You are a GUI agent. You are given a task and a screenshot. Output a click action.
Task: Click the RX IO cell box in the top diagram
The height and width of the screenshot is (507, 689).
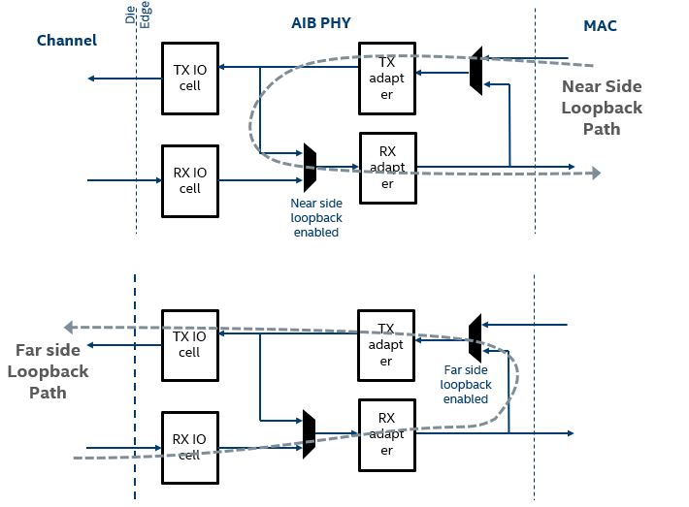coord(190,180)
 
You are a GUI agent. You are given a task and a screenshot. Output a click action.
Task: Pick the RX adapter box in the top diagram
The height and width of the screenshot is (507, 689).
coord(388,168)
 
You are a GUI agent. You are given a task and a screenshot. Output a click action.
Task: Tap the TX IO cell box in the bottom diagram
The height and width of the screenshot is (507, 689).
coord(190,344)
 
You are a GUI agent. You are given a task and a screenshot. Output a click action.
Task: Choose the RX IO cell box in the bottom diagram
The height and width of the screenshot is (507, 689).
coord(190,446)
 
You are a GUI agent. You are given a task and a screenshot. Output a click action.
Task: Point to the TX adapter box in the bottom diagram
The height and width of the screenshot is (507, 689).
coord(386,345)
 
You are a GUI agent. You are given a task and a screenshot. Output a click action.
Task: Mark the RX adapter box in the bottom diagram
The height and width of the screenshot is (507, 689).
coord(386,433)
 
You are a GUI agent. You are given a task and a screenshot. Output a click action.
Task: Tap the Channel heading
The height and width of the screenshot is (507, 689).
coord(67,41)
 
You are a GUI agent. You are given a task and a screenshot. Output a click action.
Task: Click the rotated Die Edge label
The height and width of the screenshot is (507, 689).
coord(138,15)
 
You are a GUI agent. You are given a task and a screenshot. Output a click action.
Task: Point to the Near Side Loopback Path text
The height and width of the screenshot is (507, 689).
coord(602,107)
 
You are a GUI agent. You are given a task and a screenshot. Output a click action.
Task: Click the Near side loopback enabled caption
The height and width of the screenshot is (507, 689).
coord(315,218)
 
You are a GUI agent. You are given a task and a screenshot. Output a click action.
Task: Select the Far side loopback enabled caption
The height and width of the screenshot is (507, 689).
coord(466,384)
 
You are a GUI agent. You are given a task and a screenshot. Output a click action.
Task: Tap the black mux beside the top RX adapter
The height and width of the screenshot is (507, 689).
coord(310,167)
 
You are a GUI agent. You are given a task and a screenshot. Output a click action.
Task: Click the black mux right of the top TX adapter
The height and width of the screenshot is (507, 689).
coord(476,70)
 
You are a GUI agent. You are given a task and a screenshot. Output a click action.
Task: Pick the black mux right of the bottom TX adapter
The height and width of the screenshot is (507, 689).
coord(475,338)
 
